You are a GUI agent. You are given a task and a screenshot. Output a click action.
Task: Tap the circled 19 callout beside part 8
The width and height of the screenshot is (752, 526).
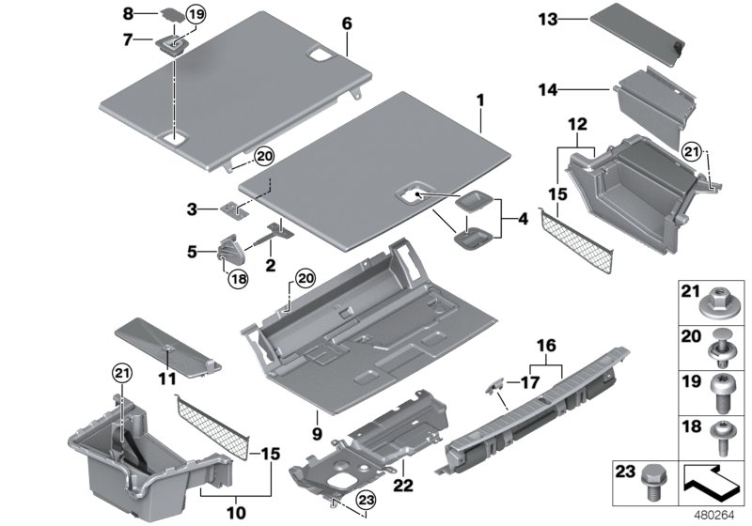[195, 14]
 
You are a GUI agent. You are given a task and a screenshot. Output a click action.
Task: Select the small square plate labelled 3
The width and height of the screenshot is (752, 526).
[230, 209]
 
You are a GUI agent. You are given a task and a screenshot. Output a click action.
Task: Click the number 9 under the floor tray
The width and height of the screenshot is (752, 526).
[318, 433]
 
